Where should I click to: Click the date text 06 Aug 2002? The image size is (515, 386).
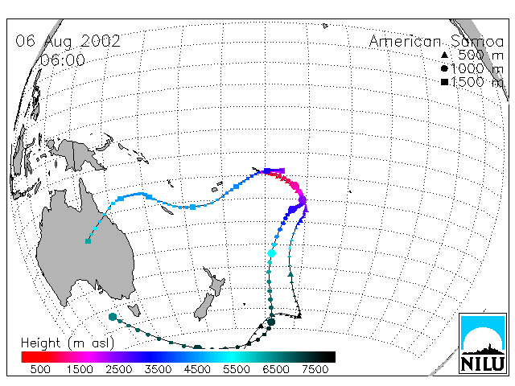[x=68, y=41]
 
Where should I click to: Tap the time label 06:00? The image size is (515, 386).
[x=62, y=60]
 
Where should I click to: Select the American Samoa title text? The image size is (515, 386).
[x=436, y=42]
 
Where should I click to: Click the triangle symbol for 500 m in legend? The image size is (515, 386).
[x=444, y=55]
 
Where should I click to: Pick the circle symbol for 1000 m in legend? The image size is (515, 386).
[x=444, y=68]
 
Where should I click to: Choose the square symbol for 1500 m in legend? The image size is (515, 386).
[x=444, y=82]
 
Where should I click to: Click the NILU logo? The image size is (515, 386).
[x=483, y=343]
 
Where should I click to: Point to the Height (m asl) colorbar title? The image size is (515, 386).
[x=68, y=343]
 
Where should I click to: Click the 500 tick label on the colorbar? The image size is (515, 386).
[x=40, y=369]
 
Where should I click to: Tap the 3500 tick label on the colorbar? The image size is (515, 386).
[x=158, y=369]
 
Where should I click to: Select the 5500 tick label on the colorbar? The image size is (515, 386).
[x=237, y=369]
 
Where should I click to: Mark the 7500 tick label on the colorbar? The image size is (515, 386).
[x=315, y=369]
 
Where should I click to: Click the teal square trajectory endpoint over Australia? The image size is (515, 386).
[x=88, y=241]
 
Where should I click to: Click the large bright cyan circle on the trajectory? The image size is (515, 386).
[x=272, y=253]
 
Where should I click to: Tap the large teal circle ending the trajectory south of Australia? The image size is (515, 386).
[x=113, y=317]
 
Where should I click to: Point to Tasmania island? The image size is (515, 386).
[x=134, y=310]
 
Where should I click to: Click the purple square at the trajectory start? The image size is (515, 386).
[x=282, y=170]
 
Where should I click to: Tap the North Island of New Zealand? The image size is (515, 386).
[x=216, y=282]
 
